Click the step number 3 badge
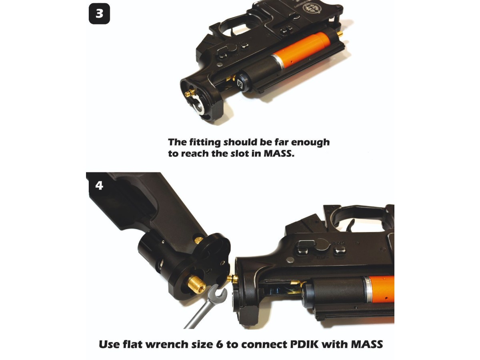click(x=99, y=14)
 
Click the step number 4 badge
click(x=99, y=186)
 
